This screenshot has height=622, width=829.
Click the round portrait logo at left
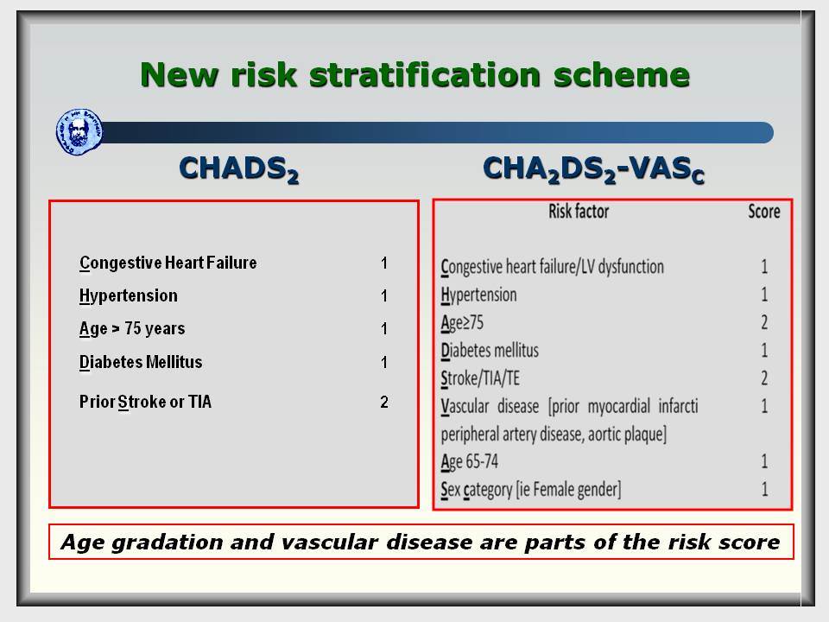point(79,132)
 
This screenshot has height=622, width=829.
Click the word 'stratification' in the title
point(425,74)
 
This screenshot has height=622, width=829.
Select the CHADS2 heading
point(239,169)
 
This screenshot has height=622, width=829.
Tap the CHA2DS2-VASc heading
point(593,170)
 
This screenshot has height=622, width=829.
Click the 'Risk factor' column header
point(579,212)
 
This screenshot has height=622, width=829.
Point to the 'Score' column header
point(764,212)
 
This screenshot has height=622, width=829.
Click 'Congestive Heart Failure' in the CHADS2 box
point(168,263)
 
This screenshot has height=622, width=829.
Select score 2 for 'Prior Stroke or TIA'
point(384,402)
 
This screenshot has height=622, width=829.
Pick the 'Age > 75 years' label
point(132,329)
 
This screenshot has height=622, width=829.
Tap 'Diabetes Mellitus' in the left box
point(141,362)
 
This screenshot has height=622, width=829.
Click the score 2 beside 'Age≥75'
point(764,322)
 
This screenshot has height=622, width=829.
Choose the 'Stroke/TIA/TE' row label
point(480,378)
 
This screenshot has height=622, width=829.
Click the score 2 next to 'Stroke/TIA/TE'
point(764,378)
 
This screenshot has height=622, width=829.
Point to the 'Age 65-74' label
point(470,461)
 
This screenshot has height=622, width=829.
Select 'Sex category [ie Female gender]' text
point(531,490)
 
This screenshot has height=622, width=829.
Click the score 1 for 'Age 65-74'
point(764,461)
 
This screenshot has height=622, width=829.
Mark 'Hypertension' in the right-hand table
point(478,295)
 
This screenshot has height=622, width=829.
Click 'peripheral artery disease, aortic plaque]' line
point(554,435)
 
